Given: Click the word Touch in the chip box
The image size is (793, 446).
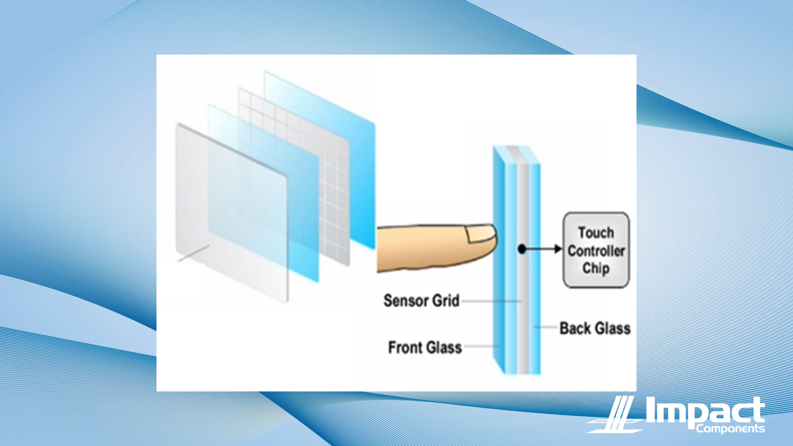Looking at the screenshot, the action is click(596, 232).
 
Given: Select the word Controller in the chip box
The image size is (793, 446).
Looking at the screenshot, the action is click(596, 251).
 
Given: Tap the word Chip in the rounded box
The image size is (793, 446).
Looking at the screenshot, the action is click(596, 268).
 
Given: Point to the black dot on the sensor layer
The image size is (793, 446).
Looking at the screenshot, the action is click(522, 249).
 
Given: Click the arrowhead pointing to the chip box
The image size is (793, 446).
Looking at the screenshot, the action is click(558, 249).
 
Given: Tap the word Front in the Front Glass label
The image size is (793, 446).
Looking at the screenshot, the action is click(405, 348).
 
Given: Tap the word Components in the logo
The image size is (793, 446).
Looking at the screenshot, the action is click(730, 429).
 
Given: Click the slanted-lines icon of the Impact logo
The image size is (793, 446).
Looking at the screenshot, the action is click(615, 414).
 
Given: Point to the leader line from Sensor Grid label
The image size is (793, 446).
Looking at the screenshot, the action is click(491, 301).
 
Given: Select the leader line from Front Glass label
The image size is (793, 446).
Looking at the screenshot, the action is click(482, 346).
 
